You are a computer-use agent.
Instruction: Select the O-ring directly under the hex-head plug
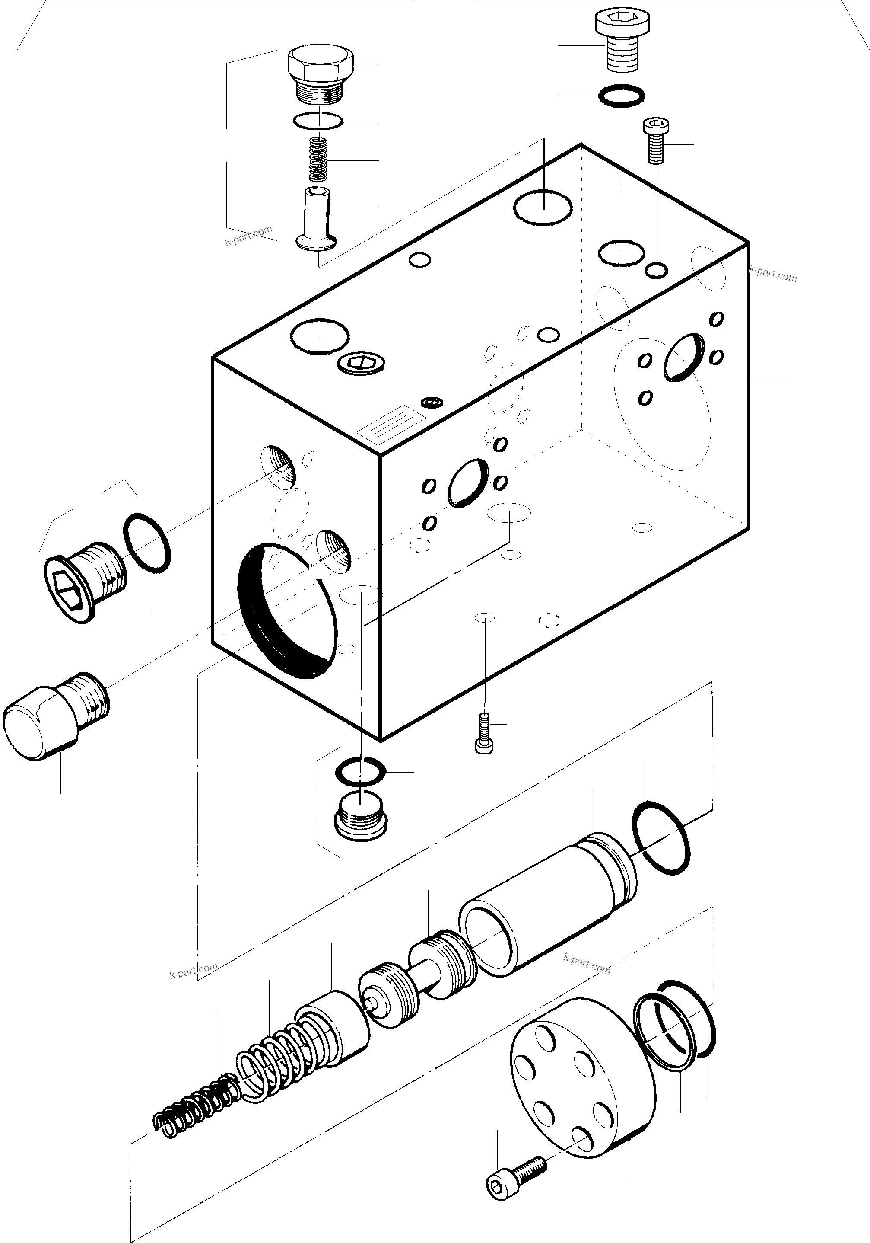pos(318,121)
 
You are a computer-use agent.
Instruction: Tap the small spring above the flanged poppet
pos(319,160)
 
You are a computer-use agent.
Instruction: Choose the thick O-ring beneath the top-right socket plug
pos(622,96)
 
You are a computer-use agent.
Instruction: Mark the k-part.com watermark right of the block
pos(774,275)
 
